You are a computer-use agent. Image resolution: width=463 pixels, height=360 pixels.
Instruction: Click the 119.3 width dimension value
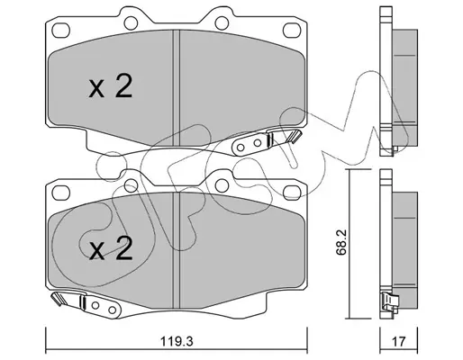click(177, 341)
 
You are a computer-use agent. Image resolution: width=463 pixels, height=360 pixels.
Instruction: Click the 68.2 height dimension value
click(341, 242)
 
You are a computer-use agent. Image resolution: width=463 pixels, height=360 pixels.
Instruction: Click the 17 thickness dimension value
click(398, 341)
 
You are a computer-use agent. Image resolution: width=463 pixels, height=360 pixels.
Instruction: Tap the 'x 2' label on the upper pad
click(111, 86)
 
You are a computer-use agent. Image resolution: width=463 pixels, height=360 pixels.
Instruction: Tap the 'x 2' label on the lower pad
click(111, 248)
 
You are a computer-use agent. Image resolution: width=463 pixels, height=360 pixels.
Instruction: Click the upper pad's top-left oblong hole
click(60, 31)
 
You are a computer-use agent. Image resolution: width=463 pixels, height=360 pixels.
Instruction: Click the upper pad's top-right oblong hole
click(292, 31)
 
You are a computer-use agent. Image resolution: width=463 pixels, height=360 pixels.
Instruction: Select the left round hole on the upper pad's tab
click(131, 23)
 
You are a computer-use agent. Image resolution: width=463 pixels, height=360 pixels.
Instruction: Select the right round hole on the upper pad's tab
click(222, 23)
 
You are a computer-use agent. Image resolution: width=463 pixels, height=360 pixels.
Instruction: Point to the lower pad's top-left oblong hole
click(60, 193)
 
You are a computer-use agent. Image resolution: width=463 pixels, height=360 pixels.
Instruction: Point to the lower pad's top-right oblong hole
click(292, 193)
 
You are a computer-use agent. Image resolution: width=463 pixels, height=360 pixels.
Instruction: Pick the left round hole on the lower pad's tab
click(131, 185)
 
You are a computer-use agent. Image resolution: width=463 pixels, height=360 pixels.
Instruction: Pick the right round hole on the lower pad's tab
click(222, 185)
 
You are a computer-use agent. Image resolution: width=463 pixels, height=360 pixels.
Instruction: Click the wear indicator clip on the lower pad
click(86, 303)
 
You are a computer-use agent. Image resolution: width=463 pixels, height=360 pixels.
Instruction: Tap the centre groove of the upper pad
click(177, 87)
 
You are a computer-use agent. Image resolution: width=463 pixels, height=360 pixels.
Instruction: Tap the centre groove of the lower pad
click(177, 250)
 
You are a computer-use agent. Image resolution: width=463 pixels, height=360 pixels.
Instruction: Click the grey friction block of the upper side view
click(404, 88)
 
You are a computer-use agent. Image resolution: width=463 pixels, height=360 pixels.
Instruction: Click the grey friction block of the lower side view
click(404, 250)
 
